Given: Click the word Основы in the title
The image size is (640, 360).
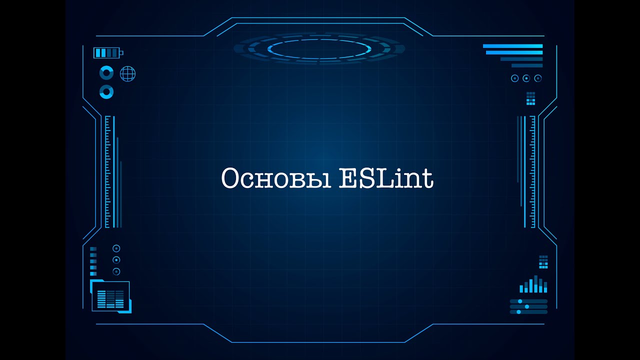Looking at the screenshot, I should click(x=276, y=178).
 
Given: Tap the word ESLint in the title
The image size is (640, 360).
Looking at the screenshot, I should click(x=385, y=178).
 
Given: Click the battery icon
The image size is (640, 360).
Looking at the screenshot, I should click(x=107, y=52).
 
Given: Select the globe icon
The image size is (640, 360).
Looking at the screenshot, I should click(x=127, y=74).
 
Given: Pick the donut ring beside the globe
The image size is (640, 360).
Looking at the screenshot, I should click(x=106, y=73).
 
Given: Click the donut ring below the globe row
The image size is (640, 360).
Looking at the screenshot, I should click(x=106, y=91).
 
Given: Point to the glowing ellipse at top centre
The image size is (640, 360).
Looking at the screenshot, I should click(x=319, y=48).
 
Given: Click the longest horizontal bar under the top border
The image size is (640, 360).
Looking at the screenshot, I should click(x=512, y=46).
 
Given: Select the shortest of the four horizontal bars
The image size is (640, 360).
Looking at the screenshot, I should click(x=526, y=65).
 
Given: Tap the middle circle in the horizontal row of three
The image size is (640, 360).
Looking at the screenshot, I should click(x=526, y=78).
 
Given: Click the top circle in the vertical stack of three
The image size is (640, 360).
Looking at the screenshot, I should click(x=116, y=248).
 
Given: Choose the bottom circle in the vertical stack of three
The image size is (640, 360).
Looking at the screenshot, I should click(x=116, y=271).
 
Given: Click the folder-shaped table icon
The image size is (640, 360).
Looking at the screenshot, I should click(x=110, y=297).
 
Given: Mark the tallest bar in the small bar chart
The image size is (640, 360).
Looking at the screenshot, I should click(x=536, y=283).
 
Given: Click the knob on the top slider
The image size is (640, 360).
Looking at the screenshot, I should click(x=520, y=301).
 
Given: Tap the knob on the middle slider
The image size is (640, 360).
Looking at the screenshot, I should click(x=527, y=306).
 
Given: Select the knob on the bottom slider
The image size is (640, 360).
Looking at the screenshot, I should click(x=518, y=312).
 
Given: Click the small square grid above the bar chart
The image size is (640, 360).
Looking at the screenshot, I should click(x=543, y=261).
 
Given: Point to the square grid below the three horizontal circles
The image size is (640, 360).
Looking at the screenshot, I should click(x=530, y=98).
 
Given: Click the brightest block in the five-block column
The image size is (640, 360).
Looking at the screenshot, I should click(x=93, y=248).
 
